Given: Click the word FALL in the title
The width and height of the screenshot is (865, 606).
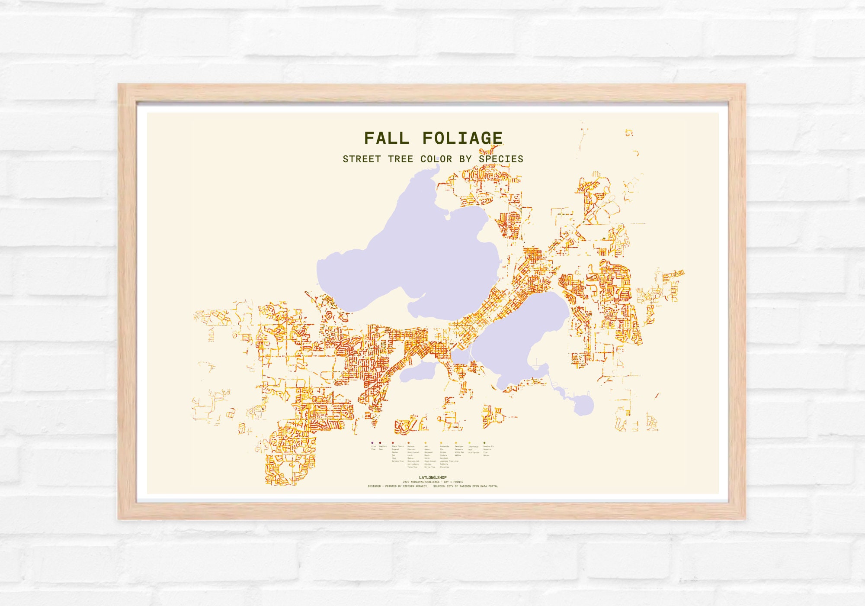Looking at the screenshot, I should click(x=386, y=139).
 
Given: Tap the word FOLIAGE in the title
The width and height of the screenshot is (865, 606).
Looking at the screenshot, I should click(x=462, y=139).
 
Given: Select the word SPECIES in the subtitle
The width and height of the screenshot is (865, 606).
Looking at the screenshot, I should click(x=501, y=159).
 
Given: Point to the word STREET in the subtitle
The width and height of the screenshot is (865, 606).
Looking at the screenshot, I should click(x=362, y=159).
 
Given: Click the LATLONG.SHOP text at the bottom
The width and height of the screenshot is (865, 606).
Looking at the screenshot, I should click(x=432, y=478).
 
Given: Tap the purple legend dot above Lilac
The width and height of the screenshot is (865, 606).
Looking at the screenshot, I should click(x=372, y=443).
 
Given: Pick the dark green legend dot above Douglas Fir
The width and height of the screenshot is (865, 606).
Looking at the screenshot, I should click(x=484, y=443).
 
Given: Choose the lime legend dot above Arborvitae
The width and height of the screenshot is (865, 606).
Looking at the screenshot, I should click(x=469, y=443).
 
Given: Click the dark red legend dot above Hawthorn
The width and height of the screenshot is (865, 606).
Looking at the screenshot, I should click(x=380, y=443).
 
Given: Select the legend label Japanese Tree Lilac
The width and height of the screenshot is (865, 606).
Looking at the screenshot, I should click(x=449, y=461).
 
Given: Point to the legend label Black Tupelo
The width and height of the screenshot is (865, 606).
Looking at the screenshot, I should click(x=397, y=446).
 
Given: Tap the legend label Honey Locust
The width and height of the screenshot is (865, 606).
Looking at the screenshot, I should click(x=413, y=452).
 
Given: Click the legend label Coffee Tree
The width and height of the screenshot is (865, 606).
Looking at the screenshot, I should click(x=430, y=467).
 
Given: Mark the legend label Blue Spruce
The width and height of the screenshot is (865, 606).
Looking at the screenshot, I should click(x=474, y=453).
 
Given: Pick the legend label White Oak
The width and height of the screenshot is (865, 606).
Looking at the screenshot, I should click(x=459, y=452).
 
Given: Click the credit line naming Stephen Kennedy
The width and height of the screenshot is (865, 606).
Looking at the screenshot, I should click(x=397, y=487).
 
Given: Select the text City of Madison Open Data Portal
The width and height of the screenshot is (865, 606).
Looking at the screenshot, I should click(x=465, y=487).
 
